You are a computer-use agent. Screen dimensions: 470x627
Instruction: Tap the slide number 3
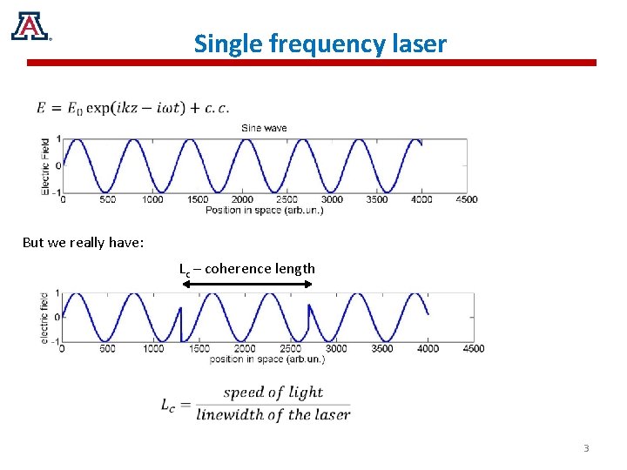[586, 448]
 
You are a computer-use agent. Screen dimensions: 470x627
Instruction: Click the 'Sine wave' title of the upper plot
[263, 128]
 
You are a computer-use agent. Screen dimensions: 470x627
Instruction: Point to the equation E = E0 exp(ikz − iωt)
[133, 108]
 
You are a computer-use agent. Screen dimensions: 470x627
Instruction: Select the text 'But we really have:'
[83, 243]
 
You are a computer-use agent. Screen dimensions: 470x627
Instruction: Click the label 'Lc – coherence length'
[247, 269]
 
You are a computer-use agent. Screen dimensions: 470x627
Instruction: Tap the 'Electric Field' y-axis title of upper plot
[45, 165]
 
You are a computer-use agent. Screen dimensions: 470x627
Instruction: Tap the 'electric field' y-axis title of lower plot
[45, 317]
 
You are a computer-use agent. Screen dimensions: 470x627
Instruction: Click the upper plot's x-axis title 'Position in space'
[264, 210]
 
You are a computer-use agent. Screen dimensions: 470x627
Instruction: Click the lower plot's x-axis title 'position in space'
[266, 359]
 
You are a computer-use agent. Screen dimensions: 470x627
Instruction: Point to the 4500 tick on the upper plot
[467, 199]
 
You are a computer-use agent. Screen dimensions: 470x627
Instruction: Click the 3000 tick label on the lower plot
[335, 349]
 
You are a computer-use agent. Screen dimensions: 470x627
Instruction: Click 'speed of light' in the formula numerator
[273, 393]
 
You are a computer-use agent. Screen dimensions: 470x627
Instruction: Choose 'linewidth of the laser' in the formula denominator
[273, 414]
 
